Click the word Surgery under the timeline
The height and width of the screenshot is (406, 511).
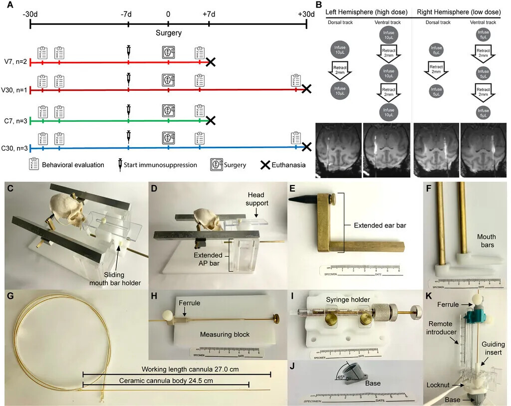click(168, 33)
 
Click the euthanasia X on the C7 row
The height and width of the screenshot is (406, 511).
click(211, 120)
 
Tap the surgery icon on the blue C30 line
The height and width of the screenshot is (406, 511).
click(169, 138)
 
